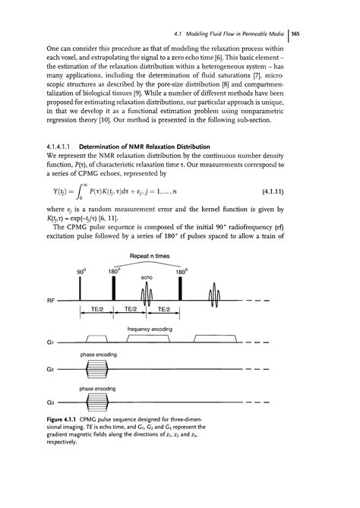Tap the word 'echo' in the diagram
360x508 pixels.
[147, 278]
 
